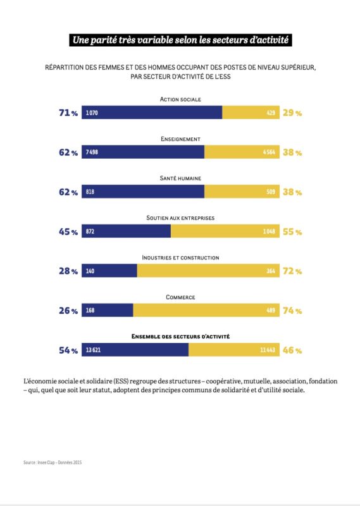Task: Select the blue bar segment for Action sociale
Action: (x=152, y=113)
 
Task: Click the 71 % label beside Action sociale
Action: (x=68, y=113)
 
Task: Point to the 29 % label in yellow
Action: (x=293, y=113)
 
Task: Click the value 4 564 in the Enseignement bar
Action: (x=268, y=152)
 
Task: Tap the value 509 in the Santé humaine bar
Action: (x=270, y=192)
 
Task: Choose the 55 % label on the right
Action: (x=293, y=231)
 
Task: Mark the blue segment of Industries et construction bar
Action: (x=109, y=271)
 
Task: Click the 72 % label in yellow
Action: (x=293, y=271)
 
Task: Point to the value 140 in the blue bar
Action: (x=90, y=271)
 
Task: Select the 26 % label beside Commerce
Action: (x=68, y=311)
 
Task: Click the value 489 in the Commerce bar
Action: (x=270, y=311)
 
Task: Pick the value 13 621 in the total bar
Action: (x=94, y=350)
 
